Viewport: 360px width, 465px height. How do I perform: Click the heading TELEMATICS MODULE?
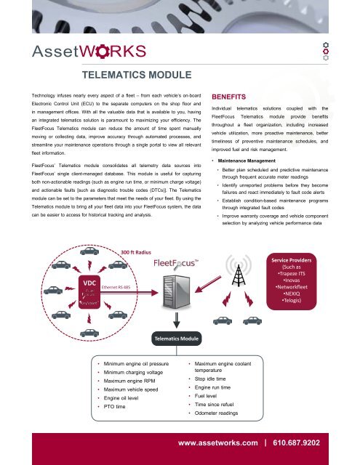point(137,75)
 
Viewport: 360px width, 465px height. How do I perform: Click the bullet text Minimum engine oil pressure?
point(137,363)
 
